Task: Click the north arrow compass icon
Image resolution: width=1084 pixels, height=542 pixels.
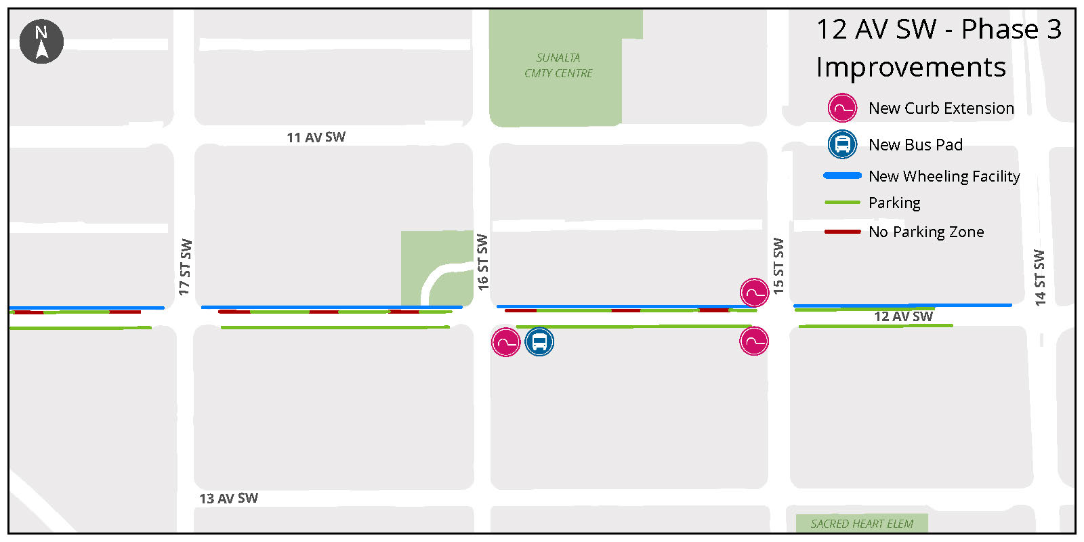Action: coord(41,41)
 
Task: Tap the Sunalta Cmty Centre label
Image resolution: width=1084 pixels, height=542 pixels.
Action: coord(558,66)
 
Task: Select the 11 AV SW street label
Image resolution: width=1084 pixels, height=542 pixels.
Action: coord(316,138)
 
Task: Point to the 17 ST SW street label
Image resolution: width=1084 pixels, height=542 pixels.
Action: coord(185,267)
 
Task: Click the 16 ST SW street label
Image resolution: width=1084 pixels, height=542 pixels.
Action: coord(482,262)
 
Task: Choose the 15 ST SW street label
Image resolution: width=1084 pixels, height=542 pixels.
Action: coord(778,266)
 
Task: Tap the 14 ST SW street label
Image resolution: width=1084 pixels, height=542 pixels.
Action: coord(1039,278)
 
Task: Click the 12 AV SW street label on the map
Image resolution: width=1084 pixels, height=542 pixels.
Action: coord(903,316)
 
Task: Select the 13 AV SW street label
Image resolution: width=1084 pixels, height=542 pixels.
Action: coord(228,499)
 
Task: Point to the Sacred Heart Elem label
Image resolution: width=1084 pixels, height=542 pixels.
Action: coord(862,524)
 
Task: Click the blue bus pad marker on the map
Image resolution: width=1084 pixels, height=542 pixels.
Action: coord(539,341)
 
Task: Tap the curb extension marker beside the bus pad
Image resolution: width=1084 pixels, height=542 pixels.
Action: coord(505,342)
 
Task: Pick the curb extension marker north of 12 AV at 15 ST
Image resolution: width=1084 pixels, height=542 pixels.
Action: coord(754,293)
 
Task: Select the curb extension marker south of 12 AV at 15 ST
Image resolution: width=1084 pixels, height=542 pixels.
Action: coord(754,341)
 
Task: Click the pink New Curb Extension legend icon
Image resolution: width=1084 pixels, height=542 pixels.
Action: coord(842,108)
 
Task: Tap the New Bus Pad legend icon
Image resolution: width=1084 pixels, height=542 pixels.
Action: coord(842,144)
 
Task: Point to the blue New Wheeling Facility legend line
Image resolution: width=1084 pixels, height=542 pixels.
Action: coord(842,175)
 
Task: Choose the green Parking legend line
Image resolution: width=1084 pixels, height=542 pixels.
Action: coord(842,203)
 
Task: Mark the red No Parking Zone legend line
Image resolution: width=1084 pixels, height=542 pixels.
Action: coord(842,232)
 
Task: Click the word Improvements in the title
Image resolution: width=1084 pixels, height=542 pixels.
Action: coord(911,67)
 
